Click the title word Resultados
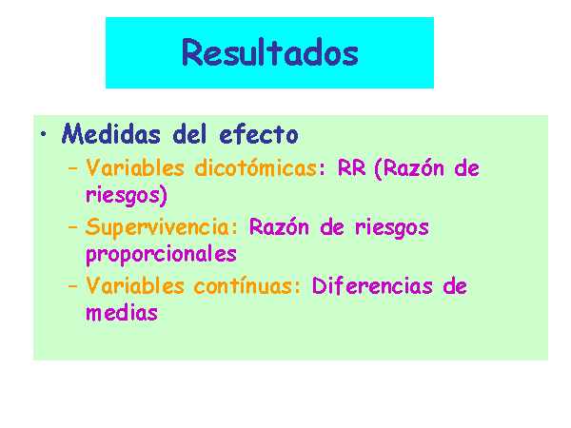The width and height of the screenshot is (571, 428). [270, 52]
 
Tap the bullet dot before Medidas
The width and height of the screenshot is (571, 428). [44, 134]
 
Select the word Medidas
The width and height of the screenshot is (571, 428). [111, 133]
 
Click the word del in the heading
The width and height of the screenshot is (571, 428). [189, 133]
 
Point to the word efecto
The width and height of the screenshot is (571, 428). [259, 133]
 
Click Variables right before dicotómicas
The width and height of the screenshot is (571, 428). [135, 167]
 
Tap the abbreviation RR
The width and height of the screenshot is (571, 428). [351, 167]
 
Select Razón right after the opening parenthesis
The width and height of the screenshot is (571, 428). [414, 168]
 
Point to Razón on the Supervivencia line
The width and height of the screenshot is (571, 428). [279, 226]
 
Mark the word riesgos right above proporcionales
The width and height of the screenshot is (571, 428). [392, 228]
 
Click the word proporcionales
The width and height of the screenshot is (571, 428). [162, 254]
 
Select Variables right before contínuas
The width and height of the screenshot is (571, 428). [135, 285]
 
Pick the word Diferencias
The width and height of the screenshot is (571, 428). [372, 285]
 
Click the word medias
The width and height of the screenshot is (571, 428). [122, 312]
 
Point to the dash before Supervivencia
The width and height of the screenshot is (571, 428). [73, 227]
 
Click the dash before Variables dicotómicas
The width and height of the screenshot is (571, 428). [73, 168]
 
